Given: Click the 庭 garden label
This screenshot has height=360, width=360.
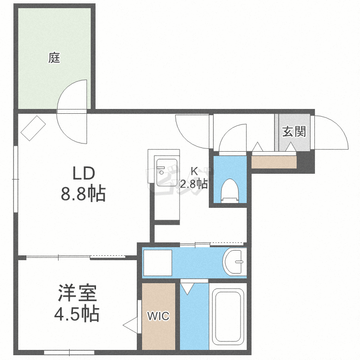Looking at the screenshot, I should click(x=54, y=59).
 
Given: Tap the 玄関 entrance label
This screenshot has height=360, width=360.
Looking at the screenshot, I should click(x=293, y=131).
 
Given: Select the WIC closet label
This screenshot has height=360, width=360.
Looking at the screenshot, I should click(x=158, y=316).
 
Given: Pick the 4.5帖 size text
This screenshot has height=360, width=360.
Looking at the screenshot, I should click(x=77, y=314).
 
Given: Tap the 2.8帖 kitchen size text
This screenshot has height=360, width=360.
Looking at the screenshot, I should click(x=194, y=183).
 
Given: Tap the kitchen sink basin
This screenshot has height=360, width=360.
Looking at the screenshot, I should click(x=166, y=171).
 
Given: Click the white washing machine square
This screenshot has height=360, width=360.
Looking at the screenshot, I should click(x=158, y=263).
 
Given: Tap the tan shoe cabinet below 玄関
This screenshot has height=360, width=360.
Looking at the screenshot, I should click(x=274, y=162).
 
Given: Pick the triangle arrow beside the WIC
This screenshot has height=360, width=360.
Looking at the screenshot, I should click(x=131, y=325).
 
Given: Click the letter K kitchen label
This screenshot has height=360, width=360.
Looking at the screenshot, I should click(x=194, y=171).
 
